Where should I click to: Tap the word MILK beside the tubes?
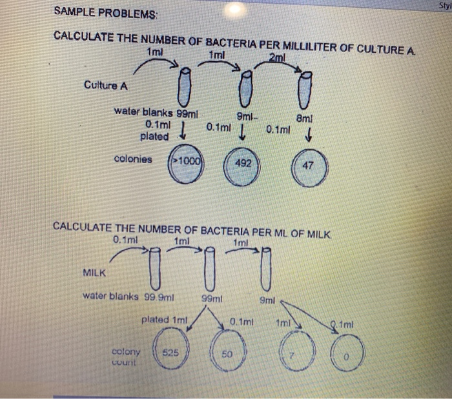(x=96, y=272)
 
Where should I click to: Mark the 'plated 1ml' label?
(x=164, y=320)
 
